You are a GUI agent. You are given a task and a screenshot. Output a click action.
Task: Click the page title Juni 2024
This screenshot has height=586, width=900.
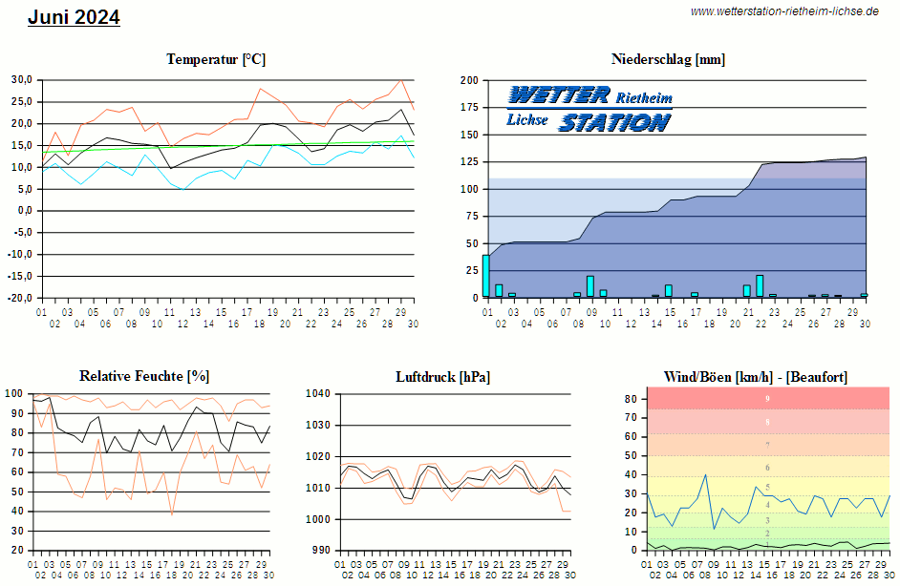[x=74, y=17]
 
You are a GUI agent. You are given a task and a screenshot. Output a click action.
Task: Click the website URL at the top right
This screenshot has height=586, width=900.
[x=784, y=11]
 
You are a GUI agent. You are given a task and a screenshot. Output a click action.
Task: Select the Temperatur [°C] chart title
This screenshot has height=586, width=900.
[x=216, y=59]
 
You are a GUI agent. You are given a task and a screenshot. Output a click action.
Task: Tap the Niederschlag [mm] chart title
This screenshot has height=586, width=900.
[x=668, y=59]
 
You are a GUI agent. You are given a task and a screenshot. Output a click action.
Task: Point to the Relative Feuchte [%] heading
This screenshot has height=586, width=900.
[x=144, y=376]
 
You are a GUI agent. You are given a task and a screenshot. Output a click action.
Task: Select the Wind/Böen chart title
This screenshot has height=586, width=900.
[x=755, y=376]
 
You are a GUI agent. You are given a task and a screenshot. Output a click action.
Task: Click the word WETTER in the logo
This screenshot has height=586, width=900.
[x=559, y=94]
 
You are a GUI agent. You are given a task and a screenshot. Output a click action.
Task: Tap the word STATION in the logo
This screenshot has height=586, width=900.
[x=614, y=121]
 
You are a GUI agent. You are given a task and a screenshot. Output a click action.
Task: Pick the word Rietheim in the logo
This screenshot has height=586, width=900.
[x=644, y=98]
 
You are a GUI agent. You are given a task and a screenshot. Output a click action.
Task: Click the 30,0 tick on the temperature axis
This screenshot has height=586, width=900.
[x=22, y=79]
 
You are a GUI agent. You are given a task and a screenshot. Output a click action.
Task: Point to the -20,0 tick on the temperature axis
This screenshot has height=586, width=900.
[x=20, y=298]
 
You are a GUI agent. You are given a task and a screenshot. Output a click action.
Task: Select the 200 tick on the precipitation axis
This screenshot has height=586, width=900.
[x=469, y=80]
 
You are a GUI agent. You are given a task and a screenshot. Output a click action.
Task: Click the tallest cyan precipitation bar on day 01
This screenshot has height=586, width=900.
[x=486, y=276]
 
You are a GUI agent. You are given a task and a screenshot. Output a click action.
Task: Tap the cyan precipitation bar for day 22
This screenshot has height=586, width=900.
[x=760, y=285]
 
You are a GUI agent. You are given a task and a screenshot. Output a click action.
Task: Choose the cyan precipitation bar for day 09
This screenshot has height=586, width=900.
[x=590, y=286]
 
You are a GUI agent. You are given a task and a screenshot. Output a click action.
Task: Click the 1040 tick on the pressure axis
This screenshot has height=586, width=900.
[x=317, y=393]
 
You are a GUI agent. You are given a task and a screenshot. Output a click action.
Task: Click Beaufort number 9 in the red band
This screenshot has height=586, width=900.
[x=767, y=398]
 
